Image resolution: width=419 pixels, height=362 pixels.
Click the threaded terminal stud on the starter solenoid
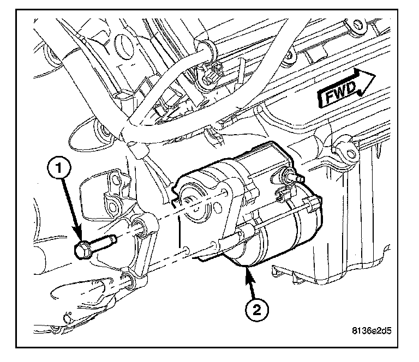[x=291, y=176]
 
